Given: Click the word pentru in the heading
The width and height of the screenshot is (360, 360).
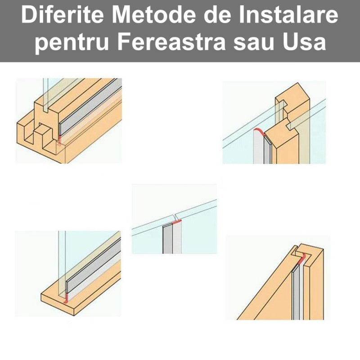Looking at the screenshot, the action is coord(72,43).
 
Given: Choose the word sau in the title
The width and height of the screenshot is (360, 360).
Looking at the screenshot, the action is coord(254,44).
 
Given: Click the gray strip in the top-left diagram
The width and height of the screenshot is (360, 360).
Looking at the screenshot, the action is coord(91,107).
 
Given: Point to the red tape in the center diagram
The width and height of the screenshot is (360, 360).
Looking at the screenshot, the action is coord(177,222).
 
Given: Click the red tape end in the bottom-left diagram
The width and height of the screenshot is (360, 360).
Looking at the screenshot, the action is coord(66,298).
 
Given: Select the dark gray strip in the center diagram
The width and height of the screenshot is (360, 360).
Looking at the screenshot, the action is coord(167,239).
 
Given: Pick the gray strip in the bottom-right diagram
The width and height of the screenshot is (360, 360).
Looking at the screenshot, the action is coord(296,292).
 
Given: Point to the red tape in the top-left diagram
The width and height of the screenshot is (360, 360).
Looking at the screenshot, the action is coord(59,140).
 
